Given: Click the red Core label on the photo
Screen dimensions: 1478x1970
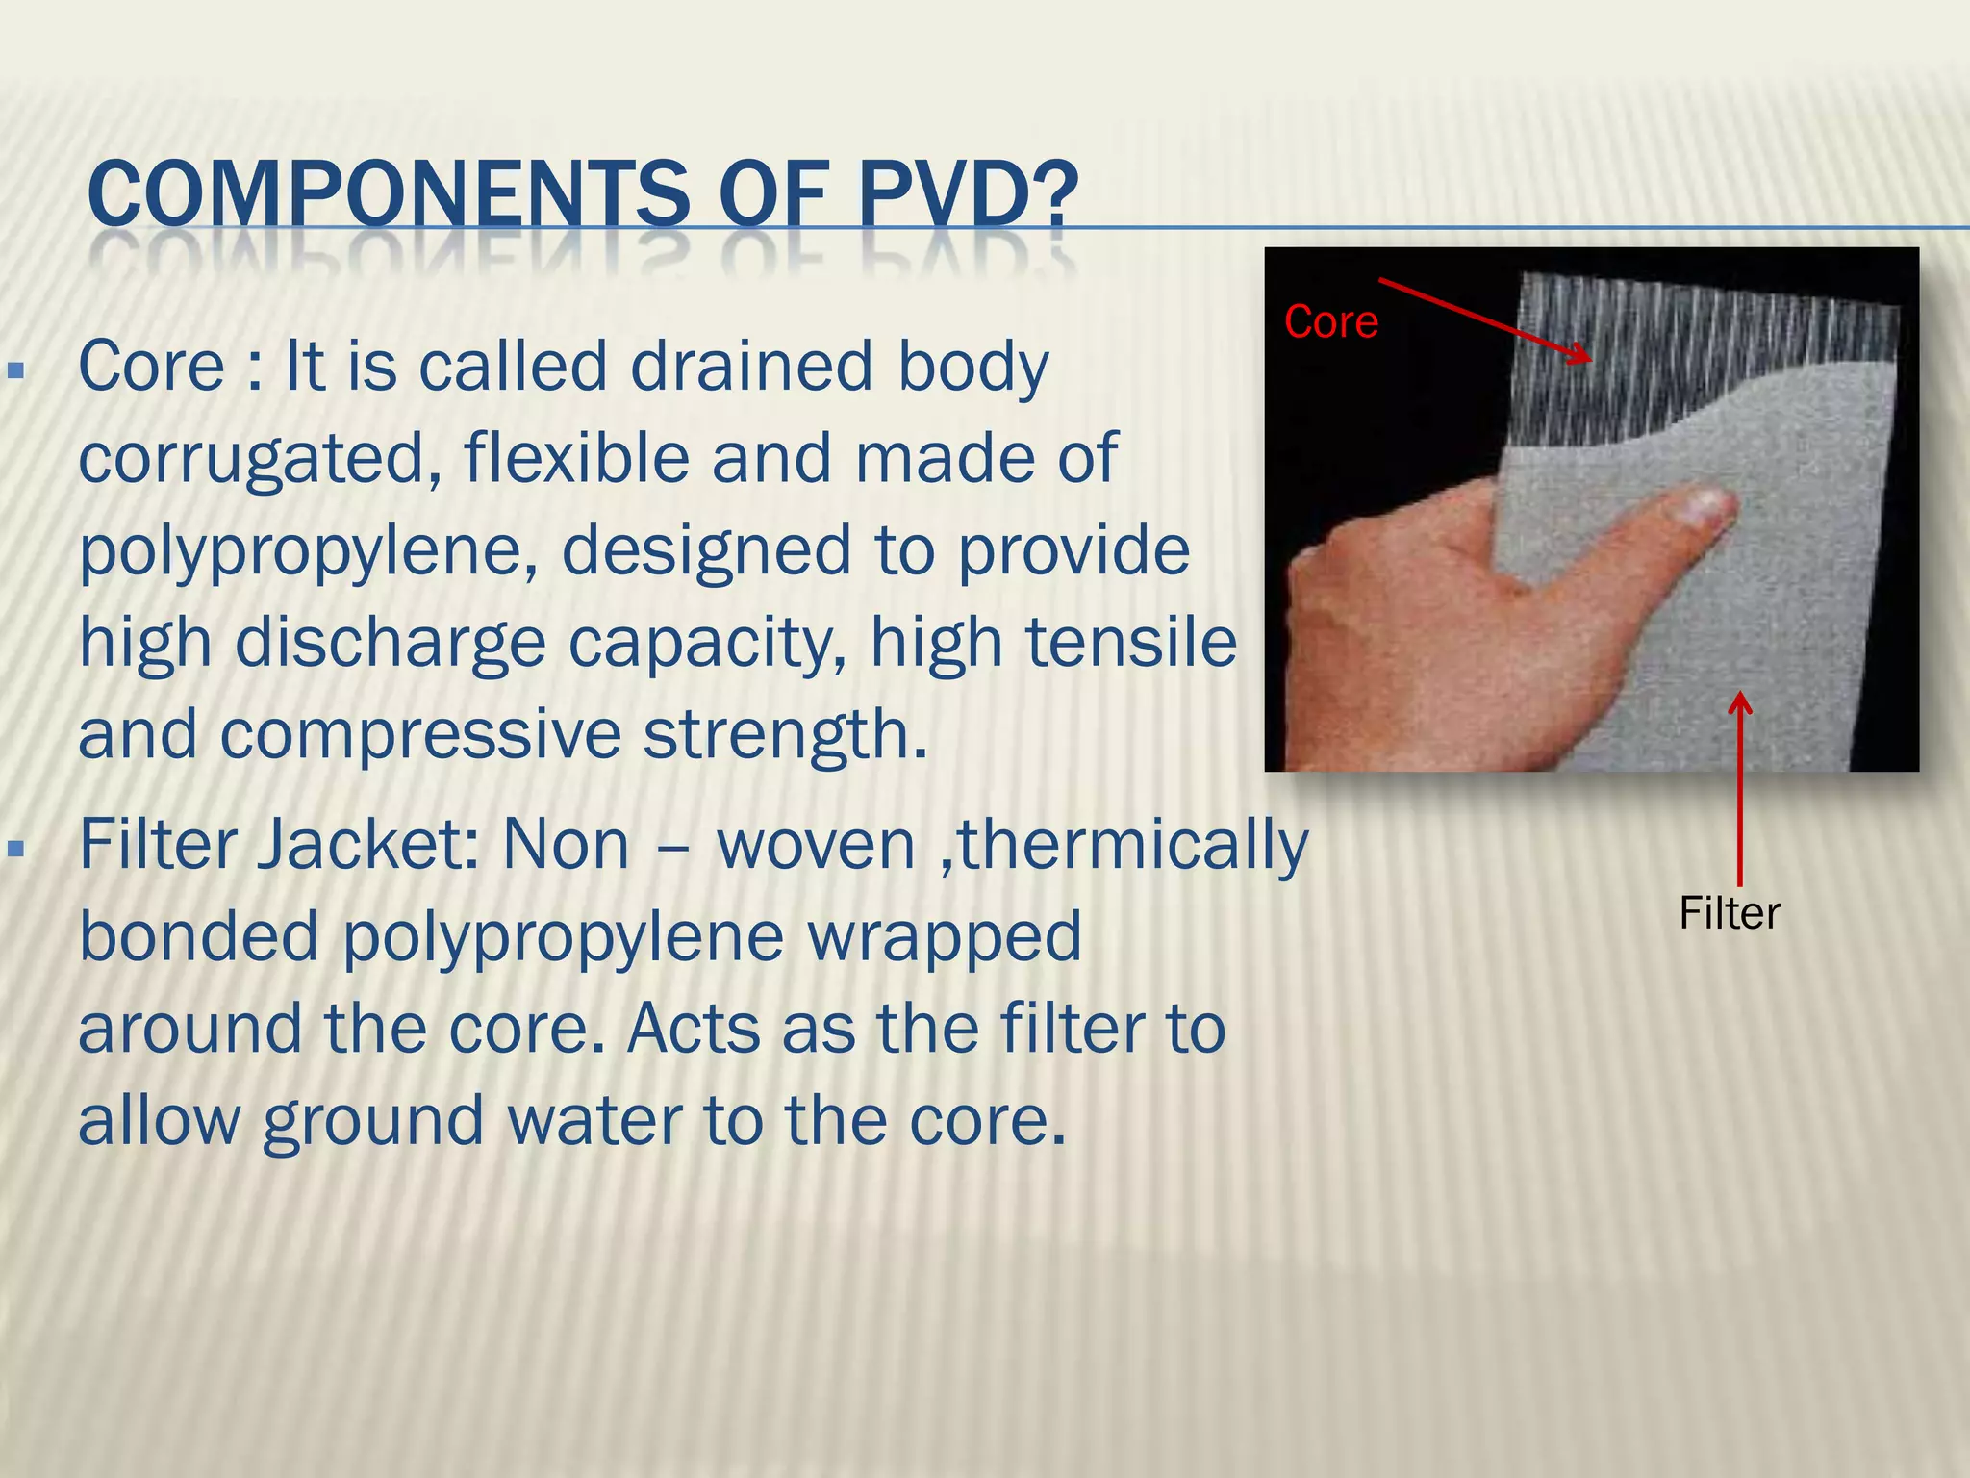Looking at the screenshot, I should click(1330, 322).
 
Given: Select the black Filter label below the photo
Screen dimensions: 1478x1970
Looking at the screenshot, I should click(1729, 913).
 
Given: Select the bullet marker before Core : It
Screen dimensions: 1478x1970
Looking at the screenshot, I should click(14, 370).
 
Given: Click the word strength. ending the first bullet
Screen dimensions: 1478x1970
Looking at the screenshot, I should click(784, 735).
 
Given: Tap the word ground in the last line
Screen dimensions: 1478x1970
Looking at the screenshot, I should click(373, 1123).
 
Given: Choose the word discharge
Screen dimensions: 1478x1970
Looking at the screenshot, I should click(390, 642).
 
